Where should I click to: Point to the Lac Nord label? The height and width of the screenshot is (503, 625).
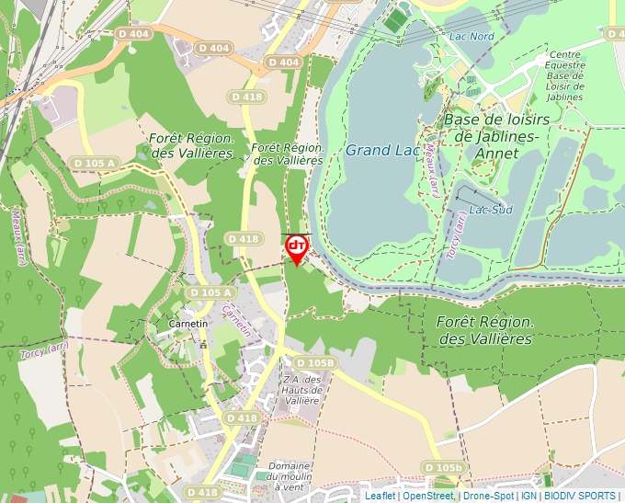[x=472, y=36]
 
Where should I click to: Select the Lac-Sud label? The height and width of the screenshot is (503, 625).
[x=490, y=210]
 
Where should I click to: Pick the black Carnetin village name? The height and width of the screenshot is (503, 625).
[x=189, y=324]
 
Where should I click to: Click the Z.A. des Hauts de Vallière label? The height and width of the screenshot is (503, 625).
[x=301, y=389]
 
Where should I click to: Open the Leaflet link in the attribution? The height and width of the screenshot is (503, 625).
[x=380, y=496]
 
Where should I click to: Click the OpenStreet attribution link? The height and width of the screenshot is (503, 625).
[x=427, y=496]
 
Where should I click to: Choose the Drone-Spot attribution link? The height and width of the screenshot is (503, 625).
[x=488, y=496]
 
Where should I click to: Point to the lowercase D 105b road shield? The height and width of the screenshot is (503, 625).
[x=445, y=468]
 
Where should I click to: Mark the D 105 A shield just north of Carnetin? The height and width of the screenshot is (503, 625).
[x=210, y=292]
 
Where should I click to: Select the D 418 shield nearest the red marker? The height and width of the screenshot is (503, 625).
[x=244, y=239]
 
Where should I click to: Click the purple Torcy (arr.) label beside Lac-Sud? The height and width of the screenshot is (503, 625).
[x=457, y=234]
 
